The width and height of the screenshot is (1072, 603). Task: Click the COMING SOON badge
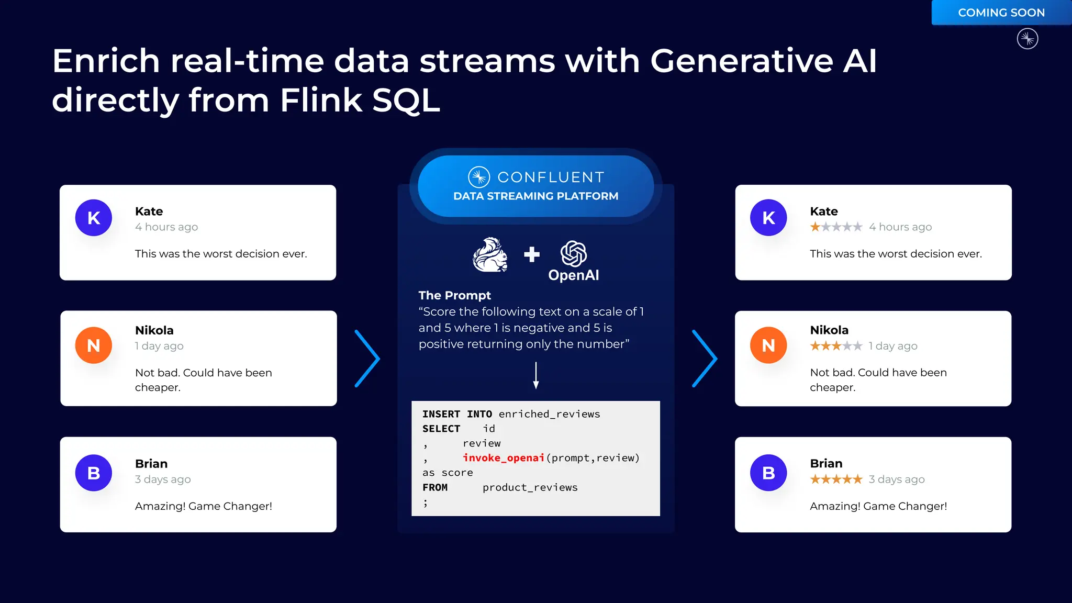[x=1001, y=13]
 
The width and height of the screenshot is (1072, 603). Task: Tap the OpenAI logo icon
[x=574, y=254]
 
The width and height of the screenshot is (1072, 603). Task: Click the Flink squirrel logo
[x=490, y=255]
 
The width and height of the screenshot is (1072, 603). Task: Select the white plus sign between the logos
[x=532, y=254]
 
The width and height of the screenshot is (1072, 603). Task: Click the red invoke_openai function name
[x=504, y=458]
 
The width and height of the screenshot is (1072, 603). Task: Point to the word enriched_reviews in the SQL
[x=549, y=414]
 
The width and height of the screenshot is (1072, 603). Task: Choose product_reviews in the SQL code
[x=530, y=487]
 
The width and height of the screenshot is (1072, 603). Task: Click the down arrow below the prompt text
[x=535, y=375]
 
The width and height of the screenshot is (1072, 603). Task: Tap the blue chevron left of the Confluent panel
[x=367, y=359]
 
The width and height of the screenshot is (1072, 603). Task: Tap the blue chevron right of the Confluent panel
[x=705, y=359]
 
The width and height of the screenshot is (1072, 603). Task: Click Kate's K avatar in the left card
[x=94, y=218]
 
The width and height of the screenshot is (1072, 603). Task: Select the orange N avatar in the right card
[x=768, y=345]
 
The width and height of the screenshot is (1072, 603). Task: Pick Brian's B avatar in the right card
[x=768, y=473]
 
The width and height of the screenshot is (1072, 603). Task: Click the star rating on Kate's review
[x=836, y=227]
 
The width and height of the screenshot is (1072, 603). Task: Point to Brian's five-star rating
[x=836, y=479]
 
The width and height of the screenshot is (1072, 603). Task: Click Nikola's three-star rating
[x=836, y=346]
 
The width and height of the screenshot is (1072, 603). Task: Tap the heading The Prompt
[x=454, y=295]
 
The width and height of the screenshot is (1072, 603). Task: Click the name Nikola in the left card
[x=154, y=330]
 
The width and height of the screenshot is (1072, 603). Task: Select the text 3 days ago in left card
[x=163, y=479]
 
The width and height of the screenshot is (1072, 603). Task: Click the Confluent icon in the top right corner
[x=1028, y=39]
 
